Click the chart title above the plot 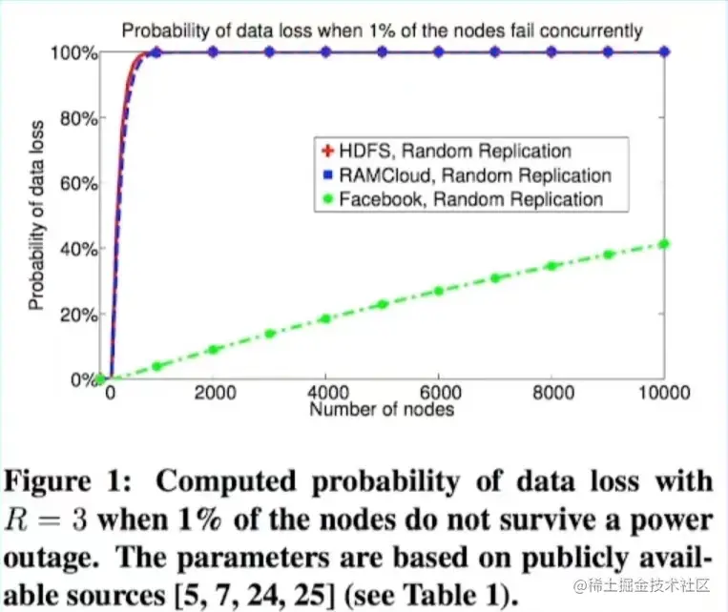coord(382,31)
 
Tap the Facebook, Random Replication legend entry coord(462,199)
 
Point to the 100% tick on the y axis coord(73,52)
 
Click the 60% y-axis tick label coord(77,184)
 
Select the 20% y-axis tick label coord(77,315)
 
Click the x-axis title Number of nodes coord(382,410)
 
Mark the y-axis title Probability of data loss coord(35,215)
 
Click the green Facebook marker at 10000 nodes coord(664,244)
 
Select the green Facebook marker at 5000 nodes coord(382,304)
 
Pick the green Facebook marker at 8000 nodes coord(551,266)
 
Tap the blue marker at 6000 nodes coord(438,52)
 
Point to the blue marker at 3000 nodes coord(269,52)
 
